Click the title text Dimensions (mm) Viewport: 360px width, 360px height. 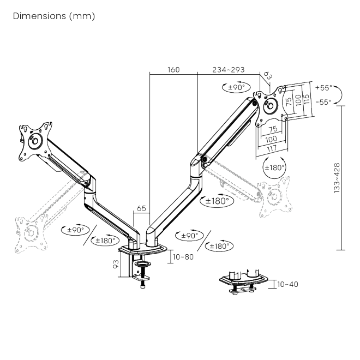(53, 16)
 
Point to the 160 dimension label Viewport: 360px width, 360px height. (173, 70)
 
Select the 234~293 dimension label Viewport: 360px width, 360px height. (228, 70)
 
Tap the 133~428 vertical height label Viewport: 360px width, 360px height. (338, 178)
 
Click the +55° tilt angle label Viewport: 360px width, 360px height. (323, 87)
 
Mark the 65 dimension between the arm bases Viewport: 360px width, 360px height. (141, 208)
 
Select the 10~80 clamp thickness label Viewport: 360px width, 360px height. (182, 256)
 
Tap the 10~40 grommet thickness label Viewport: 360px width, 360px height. (287, 284)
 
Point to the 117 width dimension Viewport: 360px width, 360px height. (272, 148)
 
